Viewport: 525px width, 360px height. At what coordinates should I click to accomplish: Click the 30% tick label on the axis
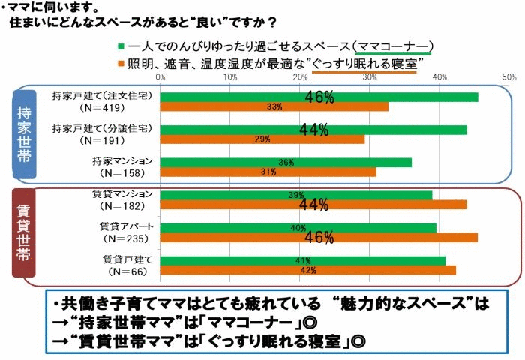[370, 76]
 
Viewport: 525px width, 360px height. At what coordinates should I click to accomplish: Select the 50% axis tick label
[509, 76]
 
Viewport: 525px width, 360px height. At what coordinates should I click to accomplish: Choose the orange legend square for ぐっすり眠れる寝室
[121, 61]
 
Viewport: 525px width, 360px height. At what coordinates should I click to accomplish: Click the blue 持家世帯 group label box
[23, 133]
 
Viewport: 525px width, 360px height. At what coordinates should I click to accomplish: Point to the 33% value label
[274, 107]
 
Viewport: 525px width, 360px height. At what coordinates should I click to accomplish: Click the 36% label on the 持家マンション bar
[286, 162]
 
